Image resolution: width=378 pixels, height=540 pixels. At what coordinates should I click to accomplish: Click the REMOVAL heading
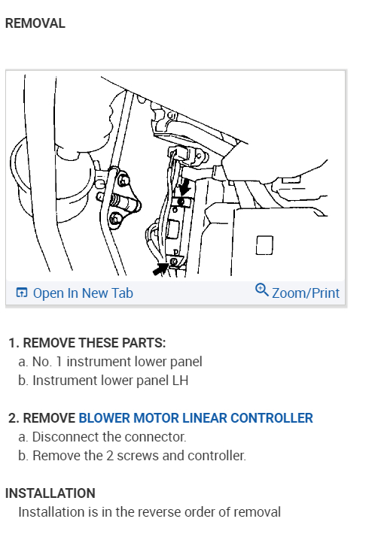[35, 23]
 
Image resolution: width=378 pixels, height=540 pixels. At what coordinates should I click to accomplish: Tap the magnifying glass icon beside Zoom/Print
[262, 290]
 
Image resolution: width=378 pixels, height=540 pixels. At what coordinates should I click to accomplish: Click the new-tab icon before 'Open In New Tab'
[22, 293]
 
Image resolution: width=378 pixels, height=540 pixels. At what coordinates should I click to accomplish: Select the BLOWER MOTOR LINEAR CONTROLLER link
[196, 418]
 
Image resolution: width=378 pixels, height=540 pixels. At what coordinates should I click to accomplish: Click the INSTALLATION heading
[50, 493]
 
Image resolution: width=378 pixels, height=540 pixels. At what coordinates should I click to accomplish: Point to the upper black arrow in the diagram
[184, 187]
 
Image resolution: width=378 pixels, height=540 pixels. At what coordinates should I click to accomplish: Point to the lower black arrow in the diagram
[160, 268]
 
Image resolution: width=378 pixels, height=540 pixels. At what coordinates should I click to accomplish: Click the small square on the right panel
[264, 245]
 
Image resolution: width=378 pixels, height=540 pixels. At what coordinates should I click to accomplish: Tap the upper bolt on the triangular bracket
[123, 181]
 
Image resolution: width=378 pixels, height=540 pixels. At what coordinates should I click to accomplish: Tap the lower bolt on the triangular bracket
[115, 219]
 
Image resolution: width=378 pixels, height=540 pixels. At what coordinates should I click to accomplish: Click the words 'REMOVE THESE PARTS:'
[94, 343]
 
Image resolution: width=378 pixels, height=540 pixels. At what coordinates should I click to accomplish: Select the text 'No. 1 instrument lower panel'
[117, 362]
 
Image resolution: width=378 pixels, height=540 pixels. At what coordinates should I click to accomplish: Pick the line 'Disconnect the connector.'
[109, 437]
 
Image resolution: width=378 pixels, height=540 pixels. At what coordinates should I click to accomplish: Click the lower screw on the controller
[174, 262]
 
